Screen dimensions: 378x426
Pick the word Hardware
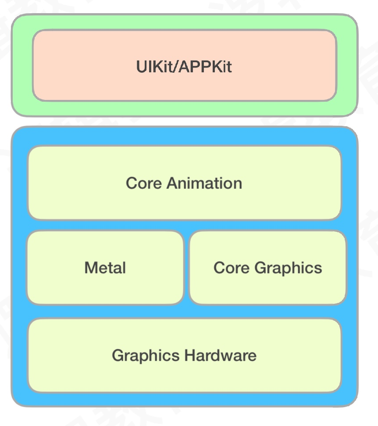[x=220, y=355]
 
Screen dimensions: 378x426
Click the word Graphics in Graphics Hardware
[x=146, y=355]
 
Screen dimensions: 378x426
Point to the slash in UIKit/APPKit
[x=177, y=67]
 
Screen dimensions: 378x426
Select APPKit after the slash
[x=205, y=67]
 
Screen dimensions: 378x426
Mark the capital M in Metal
[x=91, y=268]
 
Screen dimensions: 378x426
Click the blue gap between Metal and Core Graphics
[x=186, y=267]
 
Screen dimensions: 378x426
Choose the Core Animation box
[x=184, y=202]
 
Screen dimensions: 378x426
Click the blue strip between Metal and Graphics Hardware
[x=105, y=311]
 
